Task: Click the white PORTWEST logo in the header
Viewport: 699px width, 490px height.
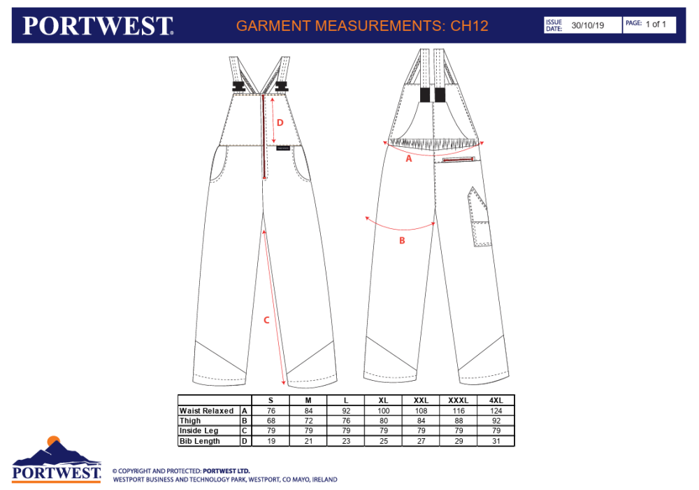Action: (x=98, y=25)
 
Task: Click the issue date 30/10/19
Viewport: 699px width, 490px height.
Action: (x=588, y=25)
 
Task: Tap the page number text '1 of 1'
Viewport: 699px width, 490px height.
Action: (x=656, y=24)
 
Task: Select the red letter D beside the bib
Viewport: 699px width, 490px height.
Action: (x=280, y=122)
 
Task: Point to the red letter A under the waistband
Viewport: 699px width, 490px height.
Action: (x=409, y=158)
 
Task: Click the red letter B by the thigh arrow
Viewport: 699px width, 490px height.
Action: (x=402, y=241)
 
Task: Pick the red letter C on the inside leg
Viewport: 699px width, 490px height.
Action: (x=266, y=320)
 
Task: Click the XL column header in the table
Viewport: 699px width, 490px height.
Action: (x=383, y=400)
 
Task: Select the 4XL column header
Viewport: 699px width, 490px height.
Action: (x=496, y=400)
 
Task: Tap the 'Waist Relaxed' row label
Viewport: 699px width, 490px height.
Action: (x=206, y=411)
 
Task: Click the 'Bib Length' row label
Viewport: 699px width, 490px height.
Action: (x=200, y=441)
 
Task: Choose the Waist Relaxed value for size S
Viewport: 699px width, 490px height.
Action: (x=271, y=411)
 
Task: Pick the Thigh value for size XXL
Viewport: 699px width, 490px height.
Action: (x=421, y=421)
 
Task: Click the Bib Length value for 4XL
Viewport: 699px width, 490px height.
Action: (x=496, y=441)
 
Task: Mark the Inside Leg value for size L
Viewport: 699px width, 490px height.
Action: (x=346, y=430)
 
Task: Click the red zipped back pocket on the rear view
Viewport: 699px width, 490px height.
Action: (x=459, y=159)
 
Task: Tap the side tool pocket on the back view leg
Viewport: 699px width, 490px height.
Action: (x=480, y=216)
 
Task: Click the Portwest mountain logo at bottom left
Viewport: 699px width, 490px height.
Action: (x=56, y=459)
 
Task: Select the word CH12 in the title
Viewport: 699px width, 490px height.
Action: (x=470, y=26)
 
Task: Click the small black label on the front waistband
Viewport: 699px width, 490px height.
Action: (x=283, y=148)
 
